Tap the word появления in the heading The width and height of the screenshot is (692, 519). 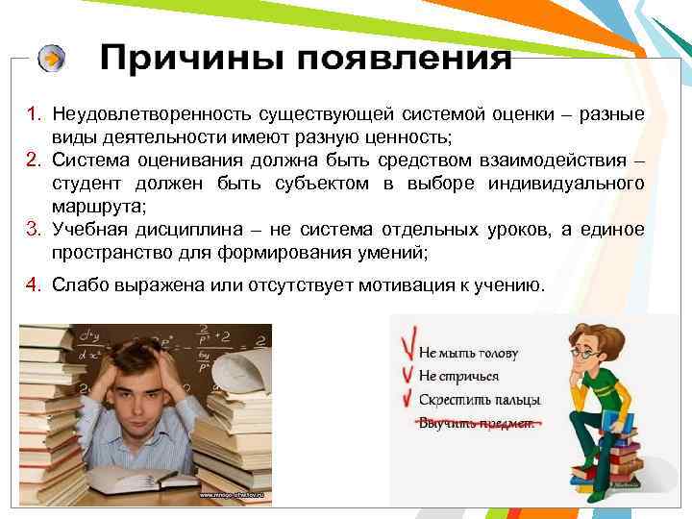[404, 59]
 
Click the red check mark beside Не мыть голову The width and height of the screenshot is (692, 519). [406, 347]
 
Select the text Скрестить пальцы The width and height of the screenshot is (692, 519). [479, 399]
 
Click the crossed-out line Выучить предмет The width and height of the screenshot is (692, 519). [476, 423]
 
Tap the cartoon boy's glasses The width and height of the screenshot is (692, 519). [587, 351]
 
